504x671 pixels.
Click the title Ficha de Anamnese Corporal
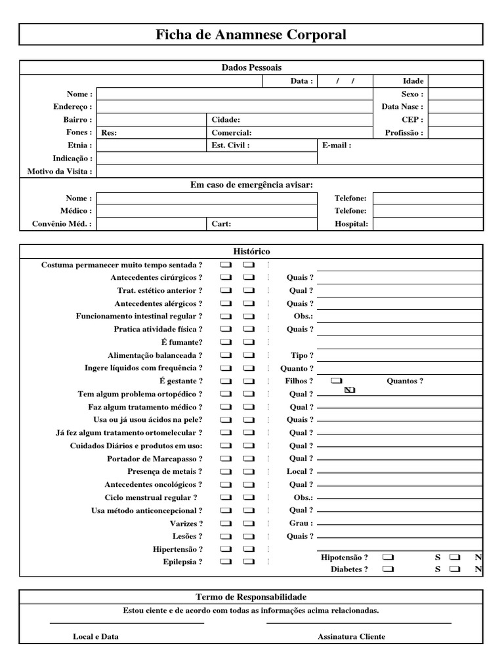click(251, 35)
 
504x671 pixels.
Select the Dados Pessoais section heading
click(251, 67)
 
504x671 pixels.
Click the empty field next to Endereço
click(234, 107)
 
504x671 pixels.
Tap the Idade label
click(413, 81)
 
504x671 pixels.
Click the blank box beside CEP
click(455, 120)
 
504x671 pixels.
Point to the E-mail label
click(337, 145)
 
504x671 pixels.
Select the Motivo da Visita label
click(60, 172)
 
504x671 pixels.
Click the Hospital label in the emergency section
click(352, 224)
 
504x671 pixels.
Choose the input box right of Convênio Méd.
click(151, 224)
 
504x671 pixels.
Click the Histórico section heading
click(251, 252)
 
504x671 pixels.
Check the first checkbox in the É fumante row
click(226, 342)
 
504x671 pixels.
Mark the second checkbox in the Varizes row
click(249, 524)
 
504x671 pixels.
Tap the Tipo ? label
click(302, 355)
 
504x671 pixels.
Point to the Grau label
click(301, 524)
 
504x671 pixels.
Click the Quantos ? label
click(405, 381)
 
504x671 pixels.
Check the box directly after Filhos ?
click(337, 381)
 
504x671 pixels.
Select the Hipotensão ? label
click(345, 557)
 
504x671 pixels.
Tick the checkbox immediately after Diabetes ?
click(388, 569)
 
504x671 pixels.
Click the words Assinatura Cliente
click(351, 636)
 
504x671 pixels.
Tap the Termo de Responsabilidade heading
click(251, 597)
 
